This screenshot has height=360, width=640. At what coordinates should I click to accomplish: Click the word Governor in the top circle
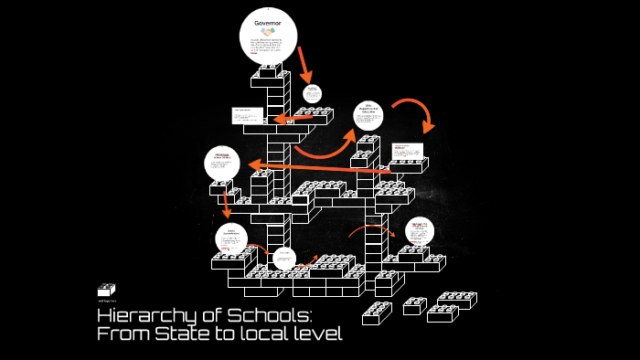[x=269, y=22]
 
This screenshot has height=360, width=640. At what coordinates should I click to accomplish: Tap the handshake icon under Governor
[x=269, y=33]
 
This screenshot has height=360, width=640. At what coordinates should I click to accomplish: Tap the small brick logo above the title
[x=107, y=290]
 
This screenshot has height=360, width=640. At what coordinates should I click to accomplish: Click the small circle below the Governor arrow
[x=312, y=92]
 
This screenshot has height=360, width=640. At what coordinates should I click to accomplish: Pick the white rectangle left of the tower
[x=247, y=116]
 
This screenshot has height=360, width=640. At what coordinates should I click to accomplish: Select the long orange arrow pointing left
[x=320, y=167]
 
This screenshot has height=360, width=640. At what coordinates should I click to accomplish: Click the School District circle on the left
[x=222, y=163]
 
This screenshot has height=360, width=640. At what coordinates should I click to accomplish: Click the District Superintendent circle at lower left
[x=231, y=239]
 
